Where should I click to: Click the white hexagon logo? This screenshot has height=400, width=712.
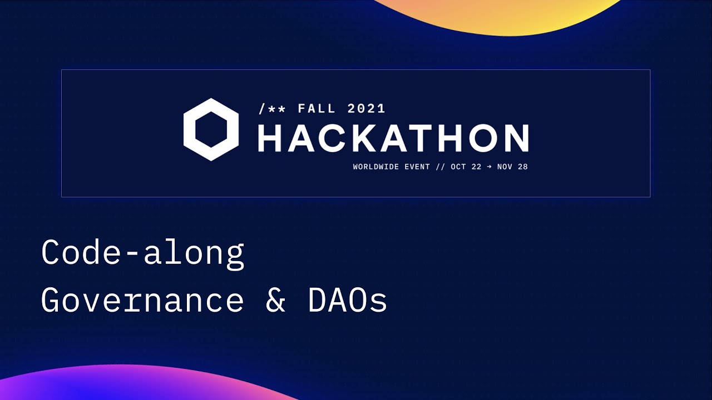(211, 129)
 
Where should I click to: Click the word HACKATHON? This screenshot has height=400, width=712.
(393, 138)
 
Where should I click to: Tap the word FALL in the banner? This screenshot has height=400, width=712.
(317, 108)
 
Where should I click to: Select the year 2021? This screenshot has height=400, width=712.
(366, 108)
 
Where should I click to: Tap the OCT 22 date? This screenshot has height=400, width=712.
(466, 167)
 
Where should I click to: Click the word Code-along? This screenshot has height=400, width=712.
(142, 253)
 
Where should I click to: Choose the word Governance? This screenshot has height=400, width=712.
(142, 301)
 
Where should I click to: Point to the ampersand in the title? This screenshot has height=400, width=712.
(275, 301)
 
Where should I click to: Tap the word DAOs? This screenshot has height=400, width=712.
(347, 301)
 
